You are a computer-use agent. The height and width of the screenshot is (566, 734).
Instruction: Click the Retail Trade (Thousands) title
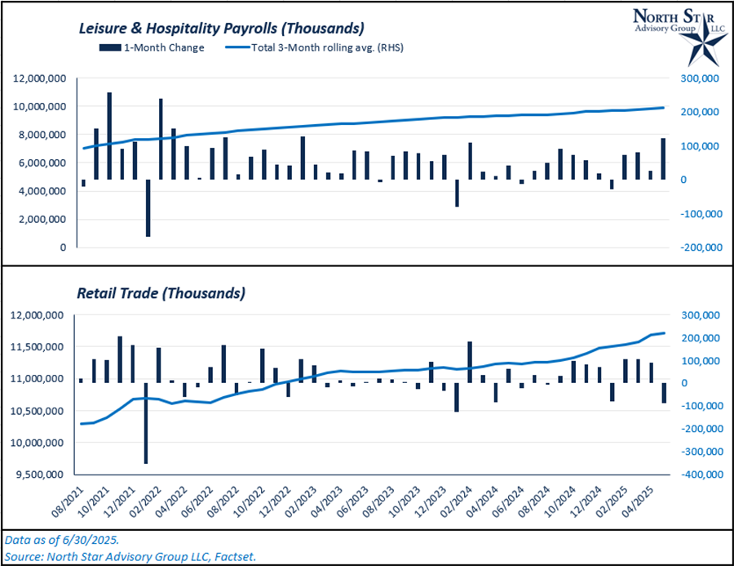pyautogui.click(x=161, y=292)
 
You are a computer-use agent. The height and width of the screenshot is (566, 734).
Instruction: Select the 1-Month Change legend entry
pyautogui.click(x=158, y=47)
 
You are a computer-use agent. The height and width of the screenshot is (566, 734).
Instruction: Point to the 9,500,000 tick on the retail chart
pyautogui.click(x=40, y=475)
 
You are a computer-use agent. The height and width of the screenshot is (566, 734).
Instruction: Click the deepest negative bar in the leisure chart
pyautogui.click(x=148, y=208)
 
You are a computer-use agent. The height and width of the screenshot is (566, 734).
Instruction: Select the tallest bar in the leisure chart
pyautogui.click(x=108, y=136)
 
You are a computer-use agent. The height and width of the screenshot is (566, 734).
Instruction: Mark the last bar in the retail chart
pyautogui.click(x=663, y=393)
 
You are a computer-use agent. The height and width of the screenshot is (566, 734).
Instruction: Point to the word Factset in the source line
pyautogui.click(x=235, y=556)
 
